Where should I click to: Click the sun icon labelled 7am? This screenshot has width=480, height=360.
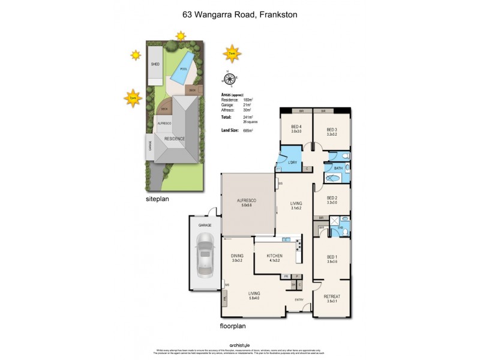231,53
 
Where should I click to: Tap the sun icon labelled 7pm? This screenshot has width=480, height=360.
133,97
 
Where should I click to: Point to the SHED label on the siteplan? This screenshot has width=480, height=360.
155,64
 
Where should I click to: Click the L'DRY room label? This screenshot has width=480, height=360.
292,163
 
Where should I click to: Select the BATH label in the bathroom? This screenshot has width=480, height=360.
338,169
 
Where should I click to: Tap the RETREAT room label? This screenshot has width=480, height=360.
332,296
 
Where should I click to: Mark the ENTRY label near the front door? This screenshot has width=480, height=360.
299,299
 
